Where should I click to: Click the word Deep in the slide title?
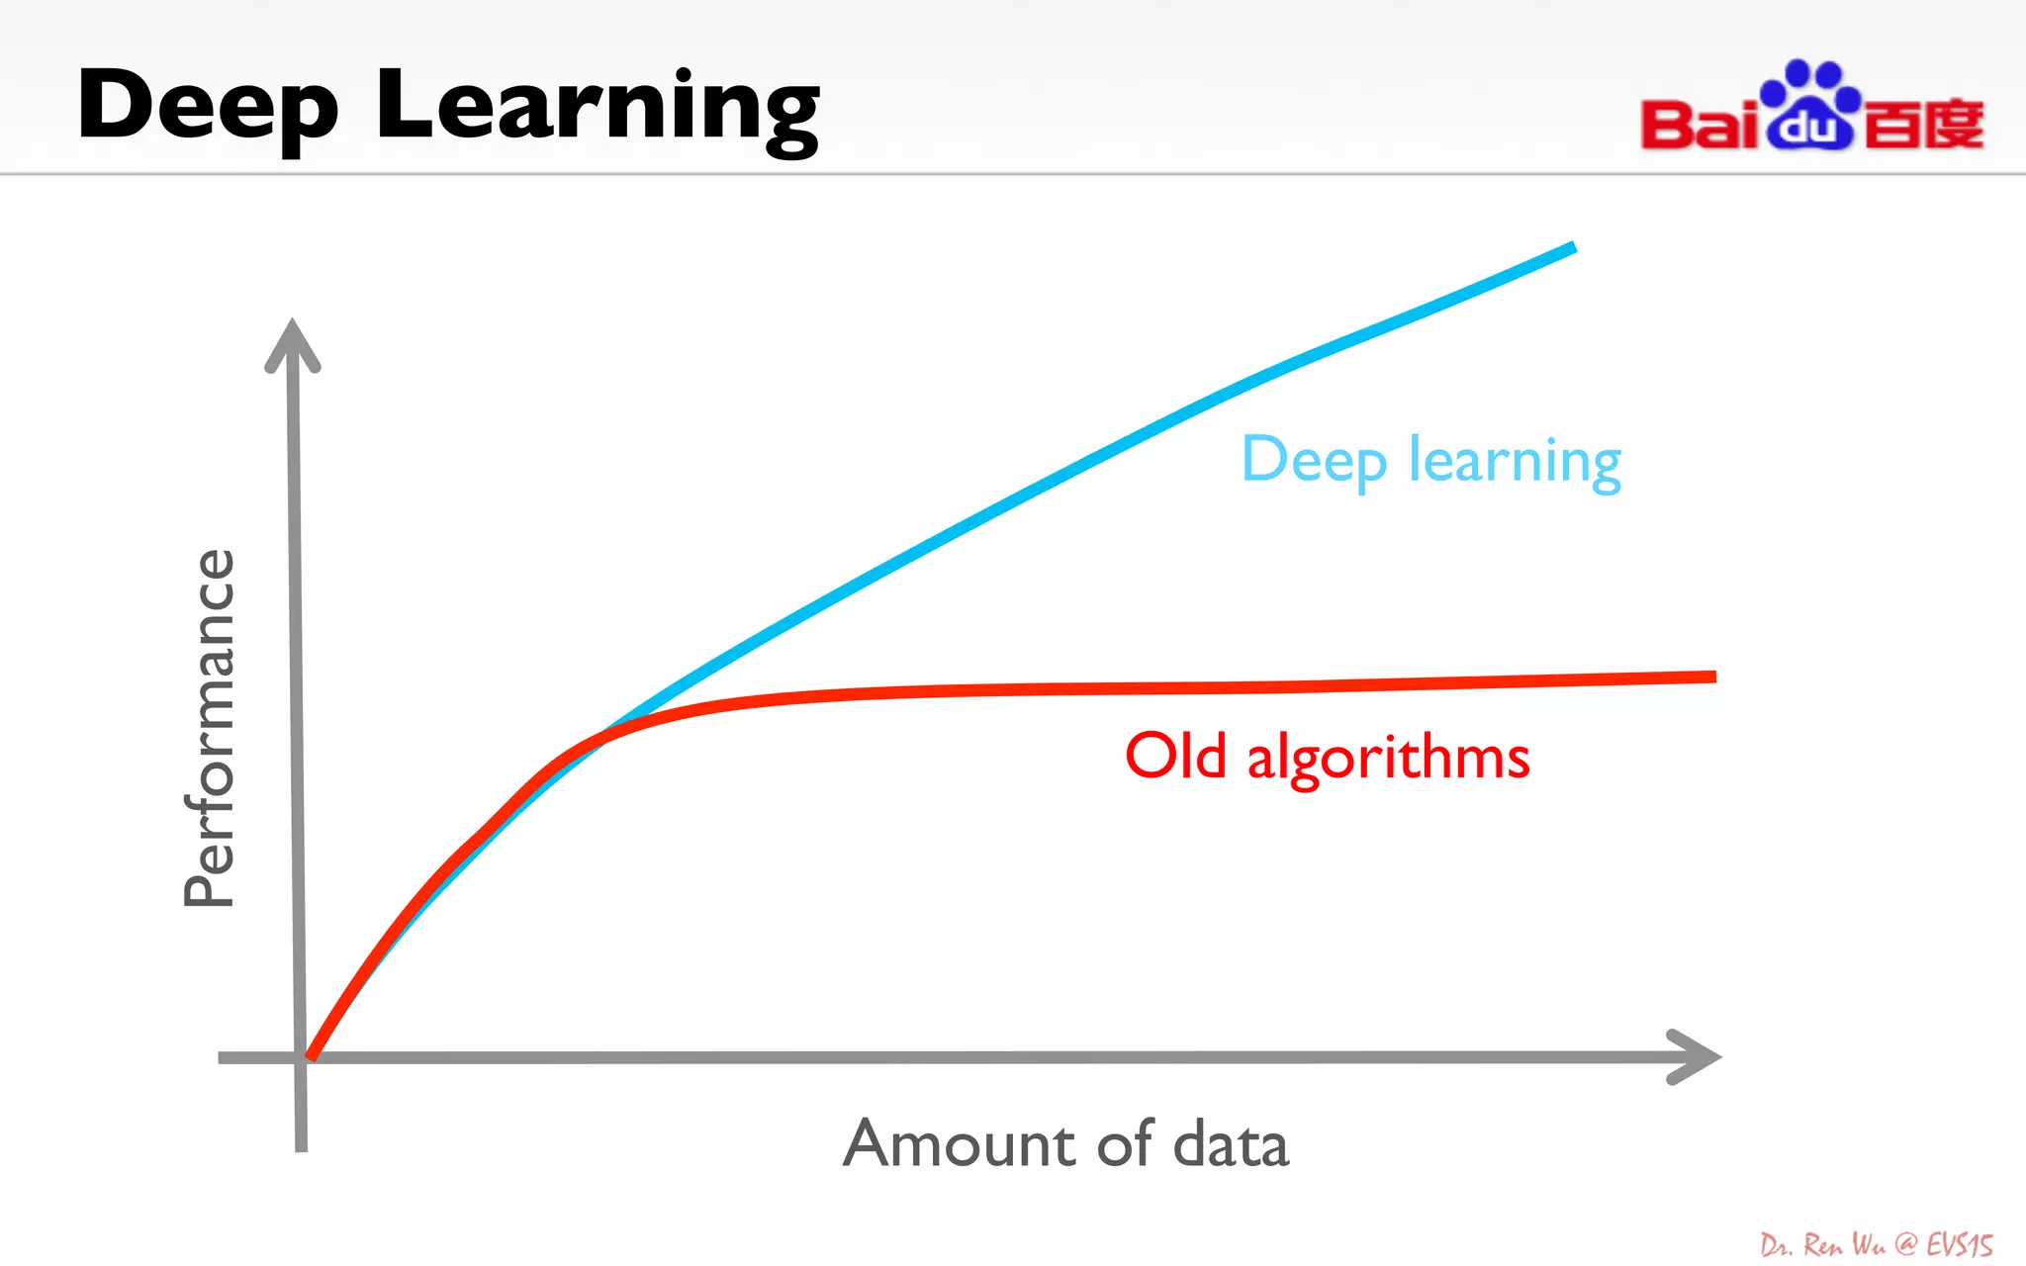208,107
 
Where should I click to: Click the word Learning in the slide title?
598,107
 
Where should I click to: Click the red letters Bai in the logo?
1700,125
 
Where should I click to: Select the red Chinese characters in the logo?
1924,125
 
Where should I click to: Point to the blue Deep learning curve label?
1430,460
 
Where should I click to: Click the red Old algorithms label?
1327,757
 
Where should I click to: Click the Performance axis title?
210,728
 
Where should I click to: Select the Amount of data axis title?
1065,1143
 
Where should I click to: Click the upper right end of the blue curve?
1571,247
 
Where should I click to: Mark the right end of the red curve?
1711,677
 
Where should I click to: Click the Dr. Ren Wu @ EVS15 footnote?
1876,1244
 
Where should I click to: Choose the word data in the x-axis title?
1231,1144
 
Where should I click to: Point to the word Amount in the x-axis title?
960,1144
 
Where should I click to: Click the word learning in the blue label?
1515,461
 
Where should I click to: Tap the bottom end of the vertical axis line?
301,1147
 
